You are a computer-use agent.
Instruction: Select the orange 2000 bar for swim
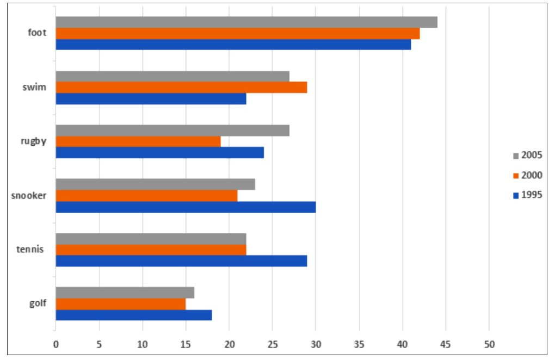181,88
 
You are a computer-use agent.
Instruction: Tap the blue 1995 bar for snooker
186,207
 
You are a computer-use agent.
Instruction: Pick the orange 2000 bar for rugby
138,141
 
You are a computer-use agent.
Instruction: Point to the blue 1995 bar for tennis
181,261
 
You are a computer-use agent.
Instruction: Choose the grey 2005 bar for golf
125,293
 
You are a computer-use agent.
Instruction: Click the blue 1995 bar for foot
233,45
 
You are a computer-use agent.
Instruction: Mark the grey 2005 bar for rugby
172,131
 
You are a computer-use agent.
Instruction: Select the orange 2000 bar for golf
120,304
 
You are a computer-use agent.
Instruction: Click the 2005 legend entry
527,156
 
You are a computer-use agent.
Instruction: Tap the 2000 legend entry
527,175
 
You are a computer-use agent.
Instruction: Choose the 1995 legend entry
527,195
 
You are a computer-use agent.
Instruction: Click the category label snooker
28,195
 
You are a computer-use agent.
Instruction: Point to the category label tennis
33,250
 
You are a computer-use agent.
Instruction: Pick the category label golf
37,303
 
